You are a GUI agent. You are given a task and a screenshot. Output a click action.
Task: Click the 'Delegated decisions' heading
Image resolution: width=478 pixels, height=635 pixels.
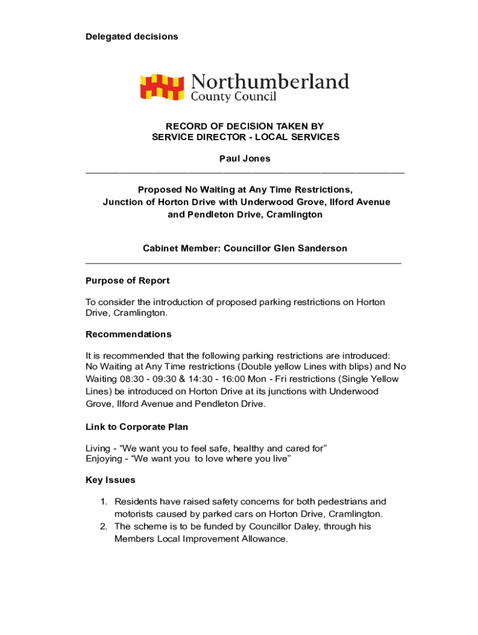tap(132, 37)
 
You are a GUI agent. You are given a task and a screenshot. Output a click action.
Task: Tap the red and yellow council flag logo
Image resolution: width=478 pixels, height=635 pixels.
tap(162, 87)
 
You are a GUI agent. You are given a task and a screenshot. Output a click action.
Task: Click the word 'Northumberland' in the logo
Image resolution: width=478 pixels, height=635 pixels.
tap(269, 82)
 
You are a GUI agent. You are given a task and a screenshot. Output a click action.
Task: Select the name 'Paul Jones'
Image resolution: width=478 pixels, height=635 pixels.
tap(245, 158)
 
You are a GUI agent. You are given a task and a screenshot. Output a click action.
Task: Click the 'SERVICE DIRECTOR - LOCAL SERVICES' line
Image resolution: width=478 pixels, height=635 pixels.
tap(245, 137)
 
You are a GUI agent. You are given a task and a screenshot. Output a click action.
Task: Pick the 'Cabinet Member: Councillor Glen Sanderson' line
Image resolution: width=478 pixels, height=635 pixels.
tap(245, 248)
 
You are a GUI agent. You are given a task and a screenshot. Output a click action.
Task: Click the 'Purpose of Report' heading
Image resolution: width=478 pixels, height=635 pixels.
tap(127, 281)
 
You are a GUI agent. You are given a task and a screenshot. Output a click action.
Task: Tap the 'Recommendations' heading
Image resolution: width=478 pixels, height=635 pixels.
tap(129, 334)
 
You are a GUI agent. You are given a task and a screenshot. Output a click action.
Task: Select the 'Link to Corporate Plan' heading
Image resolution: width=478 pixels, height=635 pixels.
tap(137, 427)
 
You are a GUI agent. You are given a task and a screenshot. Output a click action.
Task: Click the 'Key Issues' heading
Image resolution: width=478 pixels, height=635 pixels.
tap(110, 480)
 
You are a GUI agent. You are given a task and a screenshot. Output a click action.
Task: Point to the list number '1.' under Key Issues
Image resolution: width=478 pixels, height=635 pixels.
tap(105, 502)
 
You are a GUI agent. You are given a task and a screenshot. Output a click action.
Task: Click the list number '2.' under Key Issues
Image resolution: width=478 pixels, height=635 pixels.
tap(105, 526)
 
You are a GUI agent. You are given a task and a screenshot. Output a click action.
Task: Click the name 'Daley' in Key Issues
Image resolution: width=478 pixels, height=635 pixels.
tap(341, 526)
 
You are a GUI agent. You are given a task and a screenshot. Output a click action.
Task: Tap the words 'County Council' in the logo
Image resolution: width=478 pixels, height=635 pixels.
tap(233, 97)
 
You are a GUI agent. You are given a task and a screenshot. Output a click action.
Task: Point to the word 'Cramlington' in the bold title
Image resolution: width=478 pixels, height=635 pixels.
tap(294, 215)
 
